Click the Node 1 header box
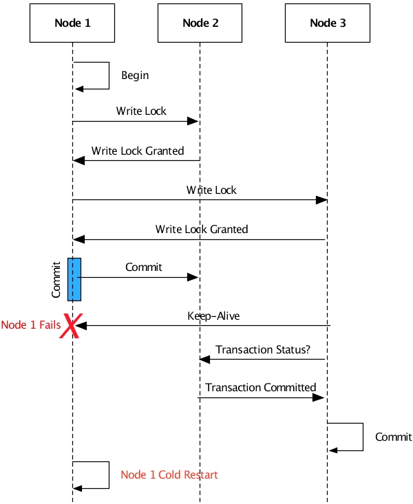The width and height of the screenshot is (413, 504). click(x=72, y=23)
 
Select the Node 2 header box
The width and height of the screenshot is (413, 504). click(x=200, y=23)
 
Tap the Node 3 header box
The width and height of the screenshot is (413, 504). click(x=328, y=23)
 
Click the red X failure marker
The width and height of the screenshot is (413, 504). click(x=70, y=326)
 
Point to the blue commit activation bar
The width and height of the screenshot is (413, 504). click(x=74, y=279)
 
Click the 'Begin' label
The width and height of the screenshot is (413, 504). click(x=135, y=75)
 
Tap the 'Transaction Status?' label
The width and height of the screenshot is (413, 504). click(x=262, y=349)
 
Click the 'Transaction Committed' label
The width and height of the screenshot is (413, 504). click(x=260, y=387)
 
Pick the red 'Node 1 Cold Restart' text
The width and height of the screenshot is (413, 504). click(x=169, y=474)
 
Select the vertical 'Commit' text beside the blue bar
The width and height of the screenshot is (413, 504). click(x=56, y=279)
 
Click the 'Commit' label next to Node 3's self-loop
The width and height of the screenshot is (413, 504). click(x=393, y=437)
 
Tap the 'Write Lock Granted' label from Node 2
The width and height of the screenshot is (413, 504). click(x=138, y=151)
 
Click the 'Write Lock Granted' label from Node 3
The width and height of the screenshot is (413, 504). click(x=202, y=229)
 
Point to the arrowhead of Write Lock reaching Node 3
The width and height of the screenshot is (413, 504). click(x=321, y=200)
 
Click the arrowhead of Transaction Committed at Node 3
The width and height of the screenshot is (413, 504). click(x=319, y=397)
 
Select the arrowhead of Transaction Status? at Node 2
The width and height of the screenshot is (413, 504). click(x=205, y=359)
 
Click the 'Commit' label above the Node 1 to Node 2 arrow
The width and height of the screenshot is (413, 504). click(x=144, y=267)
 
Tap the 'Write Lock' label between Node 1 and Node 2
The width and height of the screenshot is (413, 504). click(x=141, y=111)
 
